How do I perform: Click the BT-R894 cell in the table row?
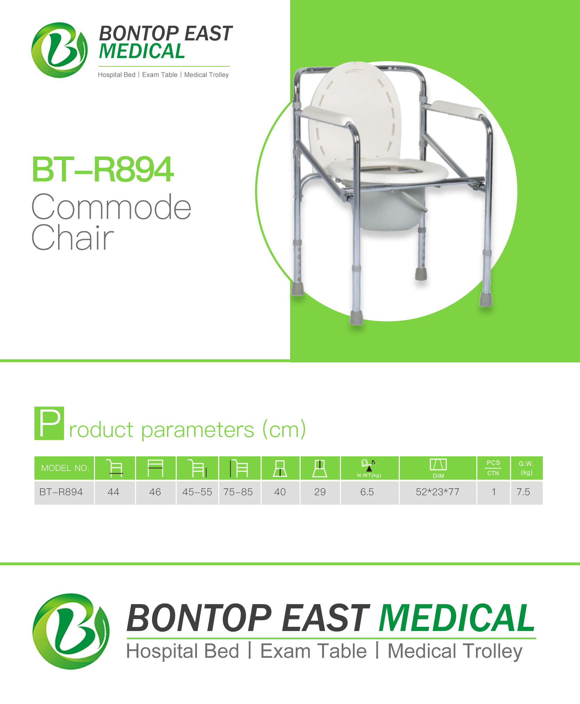pyautogui.click(x=61, y=492)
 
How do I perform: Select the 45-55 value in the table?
pyautogui.click(x=197, y=492)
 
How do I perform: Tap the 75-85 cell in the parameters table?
pyautogui.click(x=238, y=492)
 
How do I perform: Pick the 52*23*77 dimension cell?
pyautogui.click(x=438, y=492)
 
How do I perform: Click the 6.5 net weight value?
pyautogui.click(x=367, y=492)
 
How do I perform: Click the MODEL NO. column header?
pyautogui.click(x=65, y=468)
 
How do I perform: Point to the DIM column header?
pyautogui.click(x=438, y=468)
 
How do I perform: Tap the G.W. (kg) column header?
pyautogui.click(x=526, y=468)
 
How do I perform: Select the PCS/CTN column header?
pyautogui.click(x=493, y=468)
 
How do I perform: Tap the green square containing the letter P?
pyautogui.click(x=49, y=423)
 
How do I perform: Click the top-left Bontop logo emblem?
pyautogui.click(x=59, y=50)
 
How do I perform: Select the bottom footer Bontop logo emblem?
pyautogui.click(x=71, y=631)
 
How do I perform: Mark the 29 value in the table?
pyautogui.click(x=320, y=492)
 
